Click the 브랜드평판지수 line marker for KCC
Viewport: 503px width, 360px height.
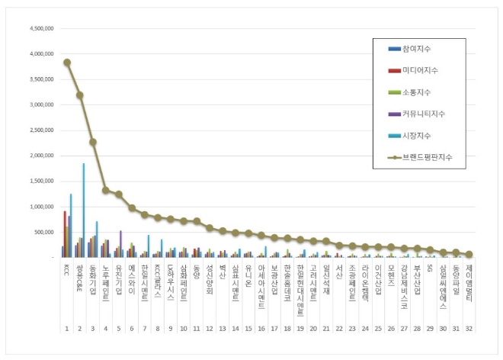tap(67, 63)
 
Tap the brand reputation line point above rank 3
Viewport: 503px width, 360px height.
tap(92, 142)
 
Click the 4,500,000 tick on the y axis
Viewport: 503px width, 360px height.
tap(40, 29)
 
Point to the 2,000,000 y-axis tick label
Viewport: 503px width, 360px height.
tap(40, 156)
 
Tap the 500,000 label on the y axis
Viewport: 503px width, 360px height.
tap(43, 232)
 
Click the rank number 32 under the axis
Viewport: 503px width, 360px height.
tap(469, 329)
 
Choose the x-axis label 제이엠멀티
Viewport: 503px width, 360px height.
tap(469, 281)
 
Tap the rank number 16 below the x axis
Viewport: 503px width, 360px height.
tap(261, 329)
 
